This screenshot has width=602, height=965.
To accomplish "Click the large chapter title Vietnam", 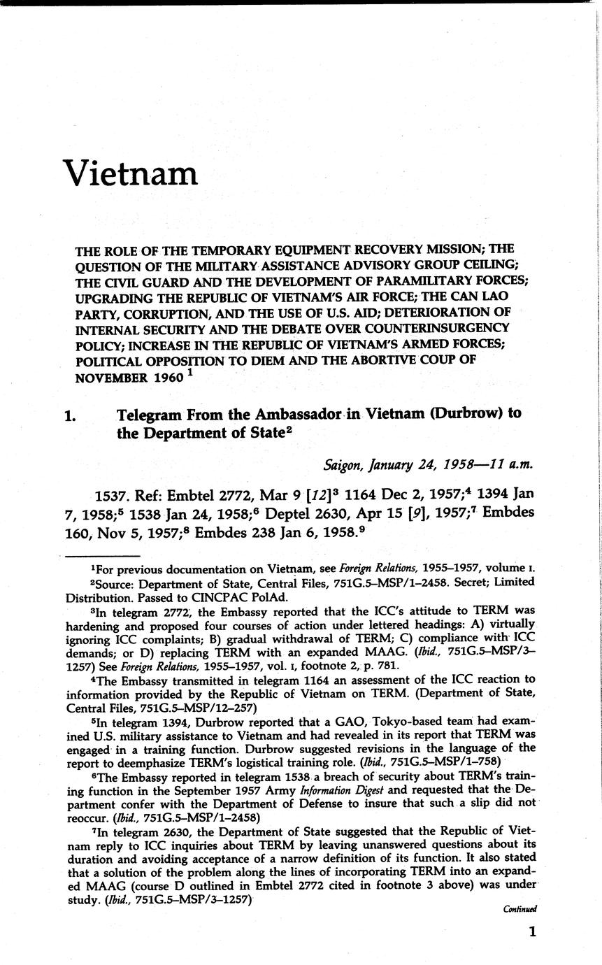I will (x=131, y=173).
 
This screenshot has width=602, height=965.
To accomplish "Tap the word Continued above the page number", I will (x=520, y=909).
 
